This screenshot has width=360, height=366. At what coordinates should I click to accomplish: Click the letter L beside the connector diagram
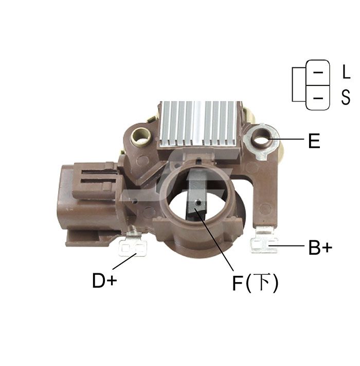coord(346,72)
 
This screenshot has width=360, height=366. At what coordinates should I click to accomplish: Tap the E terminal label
coord(314,141)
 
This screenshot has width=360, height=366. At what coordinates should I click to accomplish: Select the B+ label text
coord(320,248)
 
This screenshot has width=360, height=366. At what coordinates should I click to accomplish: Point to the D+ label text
coord(104,281)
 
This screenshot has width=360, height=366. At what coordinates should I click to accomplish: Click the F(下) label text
coord(255,283)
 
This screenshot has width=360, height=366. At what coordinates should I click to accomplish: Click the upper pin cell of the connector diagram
coord(317,73)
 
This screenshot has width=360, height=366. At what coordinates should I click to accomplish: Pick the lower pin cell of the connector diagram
coord(317,98)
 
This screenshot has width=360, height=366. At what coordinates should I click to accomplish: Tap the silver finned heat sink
coord(200,124)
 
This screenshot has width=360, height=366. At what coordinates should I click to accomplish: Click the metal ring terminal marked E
coord(262,141)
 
